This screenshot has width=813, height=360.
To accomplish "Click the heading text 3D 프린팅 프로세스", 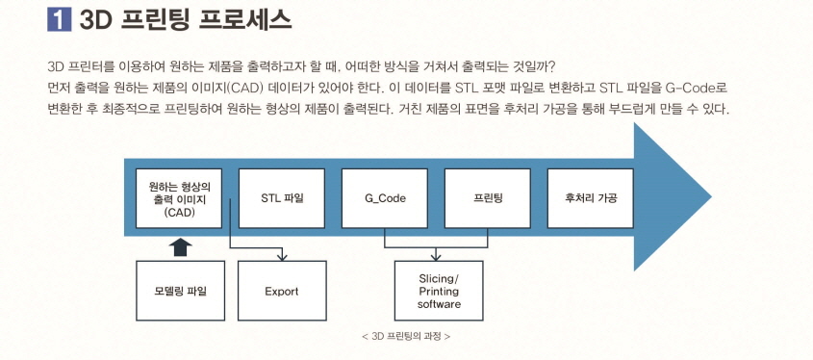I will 183,18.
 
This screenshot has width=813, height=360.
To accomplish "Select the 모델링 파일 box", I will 179,291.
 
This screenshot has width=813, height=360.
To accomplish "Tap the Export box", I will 282,291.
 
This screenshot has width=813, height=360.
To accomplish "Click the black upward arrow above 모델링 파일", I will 179,247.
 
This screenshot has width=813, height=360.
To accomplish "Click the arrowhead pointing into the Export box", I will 282,257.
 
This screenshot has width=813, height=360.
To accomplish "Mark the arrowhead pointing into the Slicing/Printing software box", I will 437,256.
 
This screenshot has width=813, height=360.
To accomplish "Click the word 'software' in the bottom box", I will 439,304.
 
